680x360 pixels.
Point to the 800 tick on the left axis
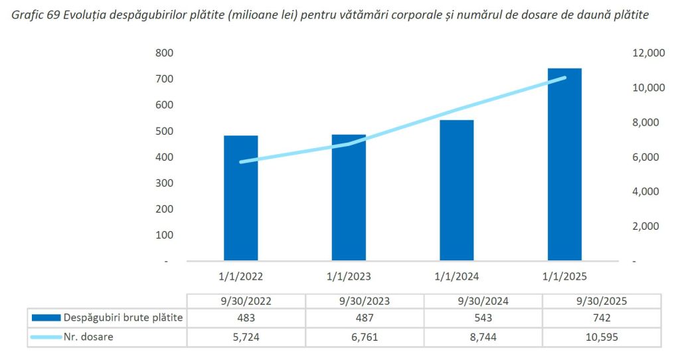click(163, 53)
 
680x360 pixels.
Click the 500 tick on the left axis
click(163, 132)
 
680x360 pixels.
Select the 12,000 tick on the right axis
click(641, 53)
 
